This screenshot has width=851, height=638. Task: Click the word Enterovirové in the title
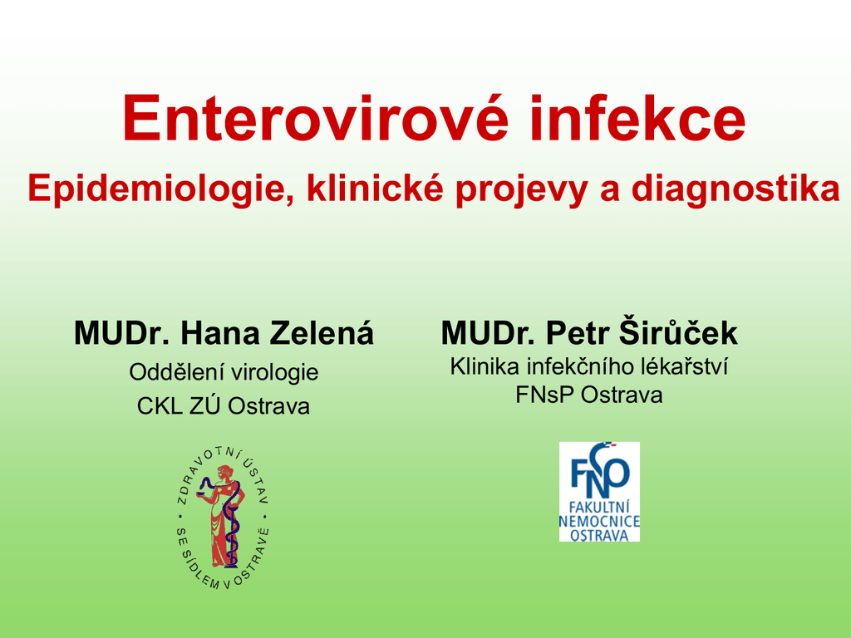pos(316,118)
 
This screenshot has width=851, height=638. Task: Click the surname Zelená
pos(322,332)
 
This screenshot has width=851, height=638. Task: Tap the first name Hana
pos(220,333)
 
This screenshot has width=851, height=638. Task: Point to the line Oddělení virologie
pos(224,373)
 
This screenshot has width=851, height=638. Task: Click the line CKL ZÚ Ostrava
pos(223,405)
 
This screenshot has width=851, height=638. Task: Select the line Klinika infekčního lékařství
pos(589,366)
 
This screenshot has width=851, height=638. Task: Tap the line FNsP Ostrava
pos(589,395)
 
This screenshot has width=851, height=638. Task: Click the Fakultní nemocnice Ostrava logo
pos(600,492)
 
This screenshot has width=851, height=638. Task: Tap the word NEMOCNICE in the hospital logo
pos(600,522)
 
